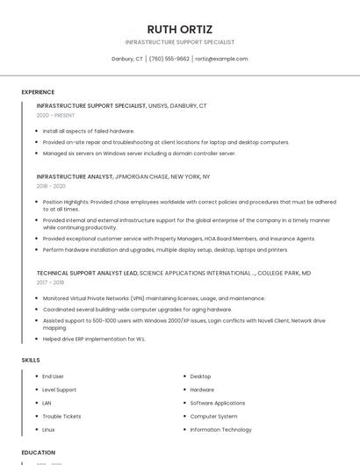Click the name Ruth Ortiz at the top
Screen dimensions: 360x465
[179, 29]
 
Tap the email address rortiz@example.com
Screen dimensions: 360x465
[221, 59]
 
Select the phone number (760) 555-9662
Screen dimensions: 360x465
[169, 59]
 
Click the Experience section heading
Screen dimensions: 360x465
[38, 92]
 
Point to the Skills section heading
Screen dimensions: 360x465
[31, 360]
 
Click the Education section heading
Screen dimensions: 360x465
[39, 452]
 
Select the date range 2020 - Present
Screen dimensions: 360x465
[55, 115]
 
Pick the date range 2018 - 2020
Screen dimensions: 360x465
[51, 186]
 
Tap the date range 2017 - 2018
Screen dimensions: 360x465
[51, 283]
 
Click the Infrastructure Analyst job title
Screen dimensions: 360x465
[75, 176]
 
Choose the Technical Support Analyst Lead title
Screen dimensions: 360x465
[87, 273]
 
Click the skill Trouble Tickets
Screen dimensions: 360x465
[61, 416]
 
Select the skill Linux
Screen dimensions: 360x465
[49, 430]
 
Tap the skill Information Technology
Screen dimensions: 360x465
[220, 430]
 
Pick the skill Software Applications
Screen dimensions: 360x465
[217, 403]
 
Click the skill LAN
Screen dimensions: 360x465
[47, 403]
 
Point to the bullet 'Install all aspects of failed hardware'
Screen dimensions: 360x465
[89, 131]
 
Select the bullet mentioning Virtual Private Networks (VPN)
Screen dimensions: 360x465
[154, 298]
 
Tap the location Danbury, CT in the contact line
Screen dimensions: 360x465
[127, 59]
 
